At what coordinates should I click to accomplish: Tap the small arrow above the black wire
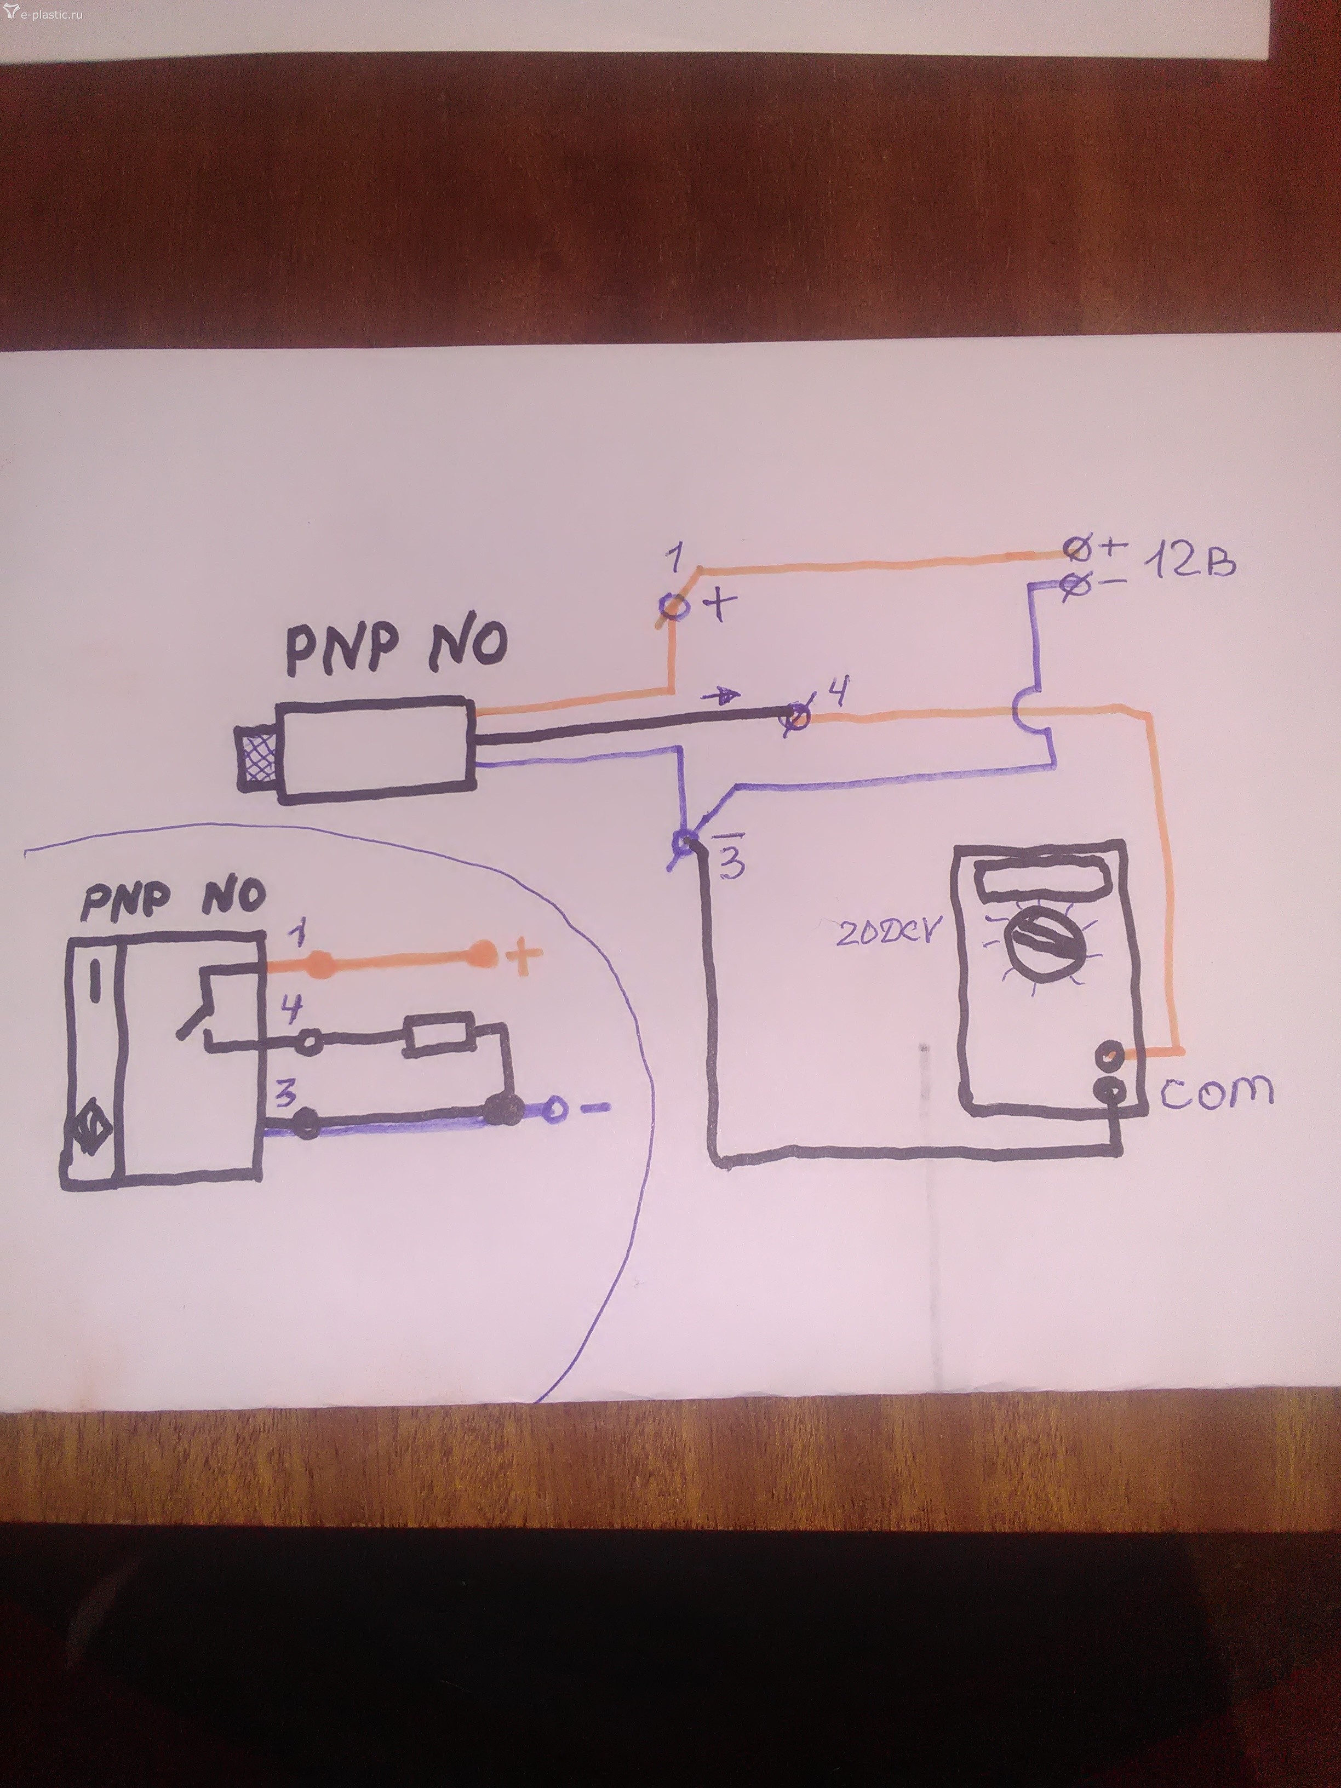pos(726,695)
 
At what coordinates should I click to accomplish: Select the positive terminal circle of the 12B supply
pos(1075,551)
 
